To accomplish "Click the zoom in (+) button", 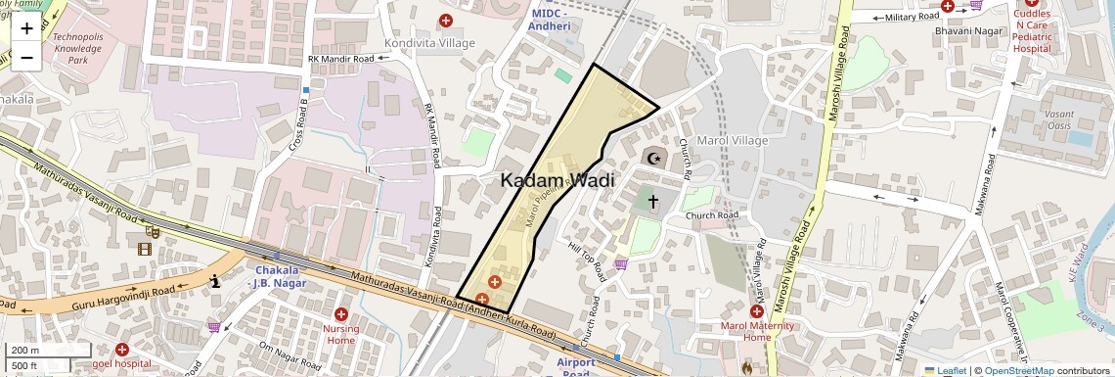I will (26, 28).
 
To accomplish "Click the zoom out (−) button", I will (26, 57).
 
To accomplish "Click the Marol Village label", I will (731, 140).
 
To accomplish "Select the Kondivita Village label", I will (429, 43).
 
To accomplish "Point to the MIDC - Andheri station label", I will (549, 20).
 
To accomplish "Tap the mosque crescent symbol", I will (652, 159).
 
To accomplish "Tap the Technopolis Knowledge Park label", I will (77, 48).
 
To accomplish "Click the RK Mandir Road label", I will (340, 59).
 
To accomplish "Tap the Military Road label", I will (913, 18).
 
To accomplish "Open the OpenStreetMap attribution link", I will (1018, 371).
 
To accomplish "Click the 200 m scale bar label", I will (25, 351).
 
